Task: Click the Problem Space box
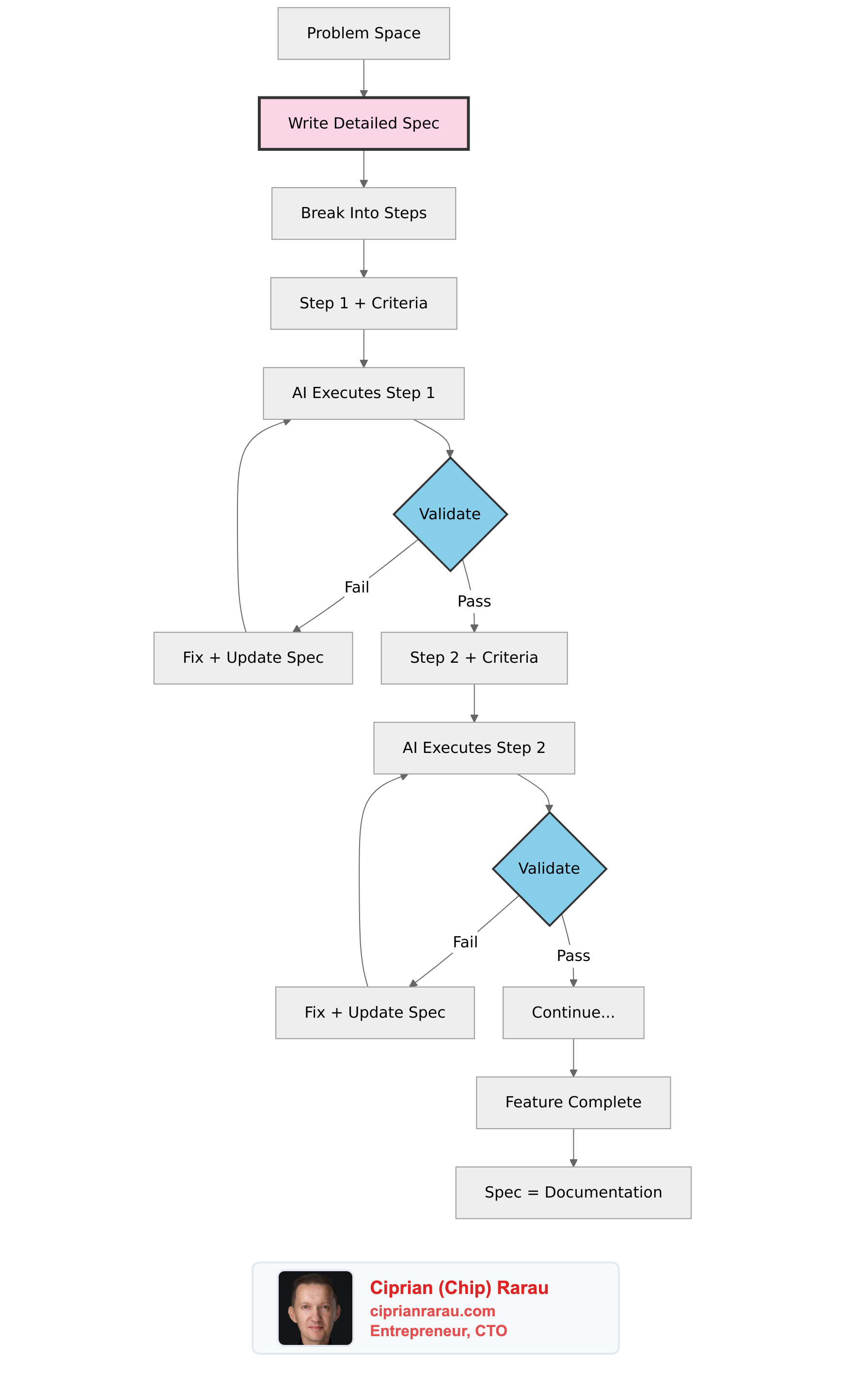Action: (363, 33)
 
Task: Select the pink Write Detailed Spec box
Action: (363, 123)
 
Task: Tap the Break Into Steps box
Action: (363, 213)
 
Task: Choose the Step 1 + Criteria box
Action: (363, 303)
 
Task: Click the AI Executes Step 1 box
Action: (363, 393)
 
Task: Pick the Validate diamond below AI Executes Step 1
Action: (450, 514)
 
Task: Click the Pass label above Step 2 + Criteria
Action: (474, 602)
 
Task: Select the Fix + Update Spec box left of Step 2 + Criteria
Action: (253, 658)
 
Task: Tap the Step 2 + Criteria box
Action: (474, 658)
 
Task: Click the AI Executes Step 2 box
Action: (474, 748)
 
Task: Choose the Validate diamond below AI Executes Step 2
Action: (549, 868)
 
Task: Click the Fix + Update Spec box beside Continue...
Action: (375, 1012)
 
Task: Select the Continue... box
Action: (573, 1012)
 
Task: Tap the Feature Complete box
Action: (573, 1102)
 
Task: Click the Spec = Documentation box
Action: (573, 1192)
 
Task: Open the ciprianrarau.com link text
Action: (432, 1311)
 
